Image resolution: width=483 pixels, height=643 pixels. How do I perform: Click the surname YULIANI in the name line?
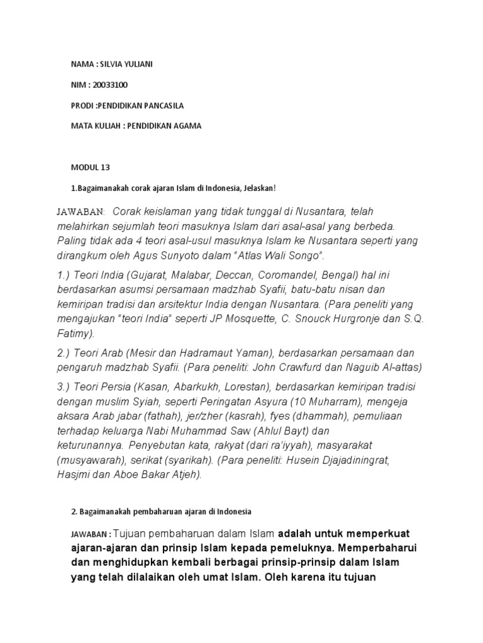pyautogui.click(x=139, y=65)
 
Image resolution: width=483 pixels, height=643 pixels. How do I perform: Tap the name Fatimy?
pyautogui.click(x=78, y=333)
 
